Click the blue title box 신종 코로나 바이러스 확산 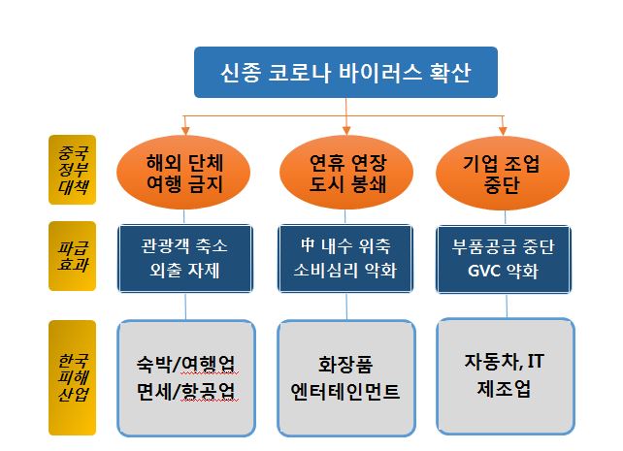point(345,73)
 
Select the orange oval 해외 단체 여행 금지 point(185,173)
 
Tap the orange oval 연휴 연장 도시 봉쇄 point(346,173)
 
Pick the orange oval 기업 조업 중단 point(503,173)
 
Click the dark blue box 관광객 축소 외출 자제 point(185,258)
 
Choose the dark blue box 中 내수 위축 point(346,258)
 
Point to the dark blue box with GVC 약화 point(504,258)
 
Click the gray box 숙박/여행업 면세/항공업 point(185,378)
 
